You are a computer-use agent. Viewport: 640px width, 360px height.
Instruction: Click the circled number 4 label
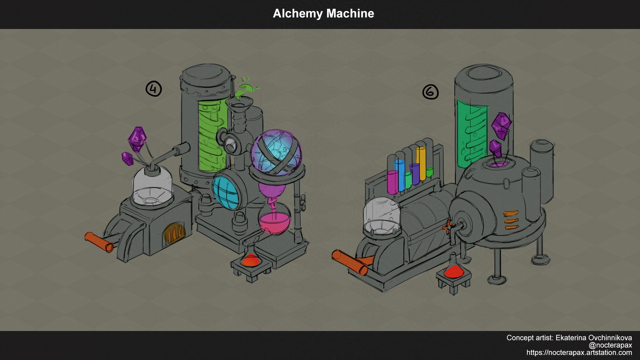coord(154,89)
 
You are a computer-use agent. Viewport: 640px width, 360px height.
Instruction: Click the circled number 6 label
coord(430,92)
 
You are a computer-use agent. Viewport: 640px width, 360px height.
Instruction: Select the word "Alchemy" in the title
coord(298,14)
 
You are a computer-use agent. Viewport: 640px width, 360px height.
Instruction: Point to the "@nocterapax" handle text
coord(610,345)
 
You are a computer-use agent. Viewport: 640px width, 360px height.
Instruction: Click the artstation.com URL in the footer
coord(579,353)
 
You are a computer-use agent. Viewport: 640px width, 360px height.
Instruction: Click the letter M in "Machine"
coord(332,14)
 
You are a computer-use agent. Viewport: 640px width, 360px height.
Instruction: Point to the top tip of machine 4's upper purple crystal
coord(137,127)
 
